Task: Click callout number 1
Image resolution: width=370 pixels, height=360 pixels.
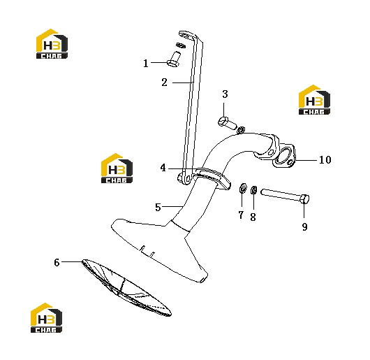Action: click(x=146, y=64)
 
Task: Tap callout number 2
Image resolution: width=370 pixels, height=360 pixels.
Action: click(x=165, y=82)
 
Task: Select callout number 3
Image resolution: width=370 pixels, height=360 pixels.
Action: click(x=225, y=94)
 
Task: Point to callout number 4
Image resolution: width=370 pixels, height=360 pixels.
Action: click(x=163, y=168)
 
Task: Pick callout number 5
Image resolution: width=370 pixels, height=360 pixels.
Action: click(x=158, y=207)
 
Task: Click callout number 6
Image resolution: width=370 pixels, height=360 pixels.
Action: click(x=57, y=262)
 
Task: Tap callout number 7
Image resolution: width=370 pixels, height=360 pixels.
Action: click(x=241, y=215)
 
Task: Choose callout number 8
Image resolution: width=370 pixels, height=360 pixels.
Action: click(x=253, y=217)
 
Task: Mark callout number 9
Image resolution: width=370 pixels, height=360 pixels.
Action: click(x=304, y=226)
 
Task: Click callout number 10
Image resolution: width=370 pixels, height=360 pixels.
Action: click(x=325, y=160)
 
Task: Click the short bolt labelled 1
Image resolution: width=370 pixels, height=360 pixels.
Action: click(x=174, y=59)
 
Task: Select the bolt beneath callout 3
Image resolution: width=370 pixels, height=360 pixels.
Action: click(x=227, y=123)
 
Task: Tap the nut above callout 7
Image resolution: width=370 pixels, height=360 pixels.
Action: click(x=242, y=188)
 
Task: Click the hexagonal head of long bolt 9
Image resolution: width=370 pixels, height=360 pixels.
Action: click(x=304, y=199)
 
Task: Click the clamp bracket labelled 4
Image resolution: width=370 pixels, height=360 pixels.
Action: click(x=212, y=178)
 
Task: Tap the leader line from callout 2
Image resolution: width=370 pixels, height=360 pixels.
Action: click(x=183, y=82)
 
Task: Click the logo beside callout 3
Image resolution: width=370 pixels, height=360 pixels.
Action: click(x=314, y=100)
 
